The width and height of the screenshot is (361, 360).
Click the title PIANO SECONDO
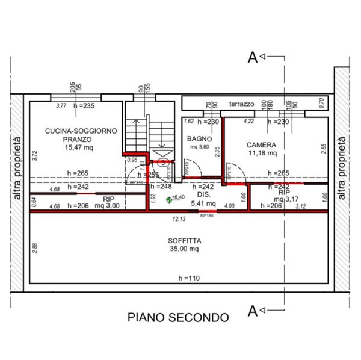coord(177,317)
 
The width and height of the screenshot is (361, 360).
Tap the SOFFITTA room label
coord(185,240)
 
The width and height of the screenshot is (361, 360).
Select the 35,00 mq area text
coord(185,248)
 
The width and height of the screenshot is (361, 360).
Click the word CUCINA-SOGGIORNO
coord(76,130)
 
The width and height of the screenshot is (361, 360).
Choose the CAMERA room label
coord(261,145)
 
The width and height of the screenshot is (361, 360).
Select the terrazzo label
coord(241,104)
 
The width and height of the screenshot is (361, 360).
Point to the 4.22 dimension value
coord(248,122)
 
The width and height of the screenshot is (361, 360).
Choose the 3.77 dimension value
coord(61,106)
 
